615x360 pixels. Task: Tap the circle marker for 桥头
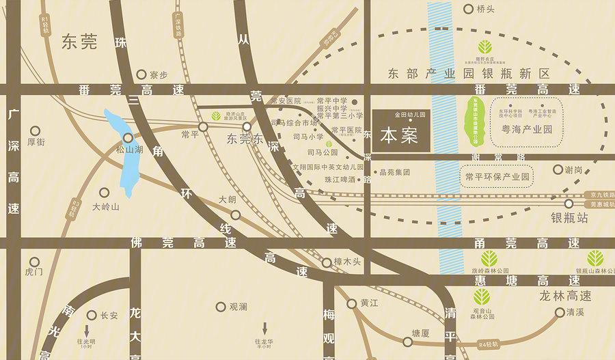click(468, 10)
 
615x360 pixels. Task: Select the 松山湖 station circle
click(128, 138)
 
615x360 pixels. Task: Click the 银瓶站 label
click(570, 219)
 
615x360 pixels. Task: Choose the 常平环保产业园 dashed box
click(497, 177)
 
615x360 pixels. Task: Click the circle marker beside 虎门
click(35, 261)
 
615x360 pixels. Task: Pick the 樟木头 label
click(351, 262)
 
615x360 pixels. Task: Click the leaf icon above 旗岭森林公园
click(489, 258)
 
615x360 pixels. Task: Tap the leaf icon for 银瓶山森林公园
click(595, 258)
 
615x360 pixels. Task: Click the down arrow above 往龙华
click(264, 328)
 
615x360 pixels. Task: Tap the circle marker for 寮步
click(141, 74)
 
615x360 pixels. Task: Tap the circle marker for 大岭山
click(104, 193)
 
